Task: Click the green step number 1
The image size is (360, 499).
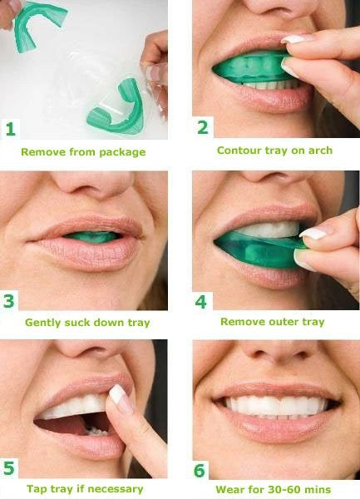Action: [x=10, y=129]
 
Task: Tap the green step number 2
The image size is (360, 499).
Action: [x=201, y=127]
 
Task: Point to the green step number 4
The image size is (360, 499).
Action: [x=200, y=300]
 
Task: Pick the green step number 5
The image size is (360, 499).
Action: [x=9, y=470]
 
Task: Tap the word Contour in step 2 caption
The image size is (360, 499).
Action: [x=236, y=151]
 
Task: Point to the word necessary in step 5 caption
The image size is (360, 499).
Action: [x=116, y=489]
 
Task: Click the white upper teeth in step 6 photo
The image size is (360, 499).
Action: [x=274, y=406]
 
